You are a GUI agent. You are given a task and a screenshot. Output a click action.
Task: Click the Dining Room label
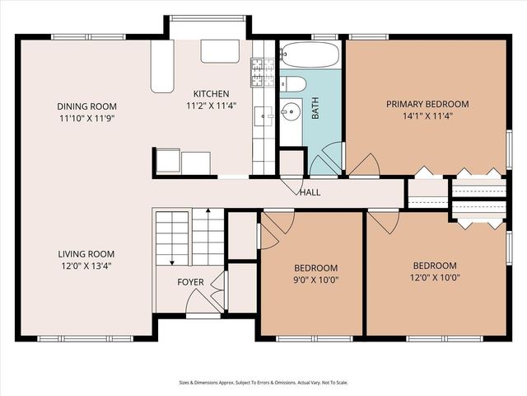[86, 106]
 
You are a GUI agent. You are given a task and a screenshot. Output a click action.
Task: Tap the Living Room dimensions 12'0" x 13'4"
[86, 266]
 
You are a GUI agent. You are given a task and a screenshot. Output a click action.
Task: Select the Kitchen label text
[211, 93]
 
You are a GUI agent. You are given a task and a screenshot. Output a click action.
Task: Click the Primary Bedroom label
[427, 104]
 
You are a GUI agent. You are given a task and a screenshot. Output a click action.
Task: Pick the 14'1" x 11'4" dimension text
[427, 116]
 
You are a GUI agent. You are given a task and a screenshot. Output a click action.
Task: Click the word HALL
[310, 193]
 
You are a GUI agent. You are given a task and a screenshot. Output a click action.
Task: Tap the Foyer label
[191, 282]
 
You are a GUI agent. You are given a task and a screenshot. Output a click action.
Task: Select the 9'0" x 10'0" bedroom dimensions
[316, 280]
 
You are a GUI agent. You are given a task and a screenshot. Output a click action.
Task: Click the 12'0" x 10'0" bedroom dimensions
[434, 277]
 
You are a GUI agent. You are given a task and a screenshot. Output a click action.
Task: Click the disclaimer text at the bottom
[263, 382]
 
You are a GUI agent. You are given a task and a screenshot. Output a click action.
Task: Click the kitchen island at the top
[219, 51]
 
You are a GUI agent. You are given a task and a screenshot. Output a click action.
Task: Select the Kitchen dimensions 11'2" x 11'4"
[211, 106]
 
